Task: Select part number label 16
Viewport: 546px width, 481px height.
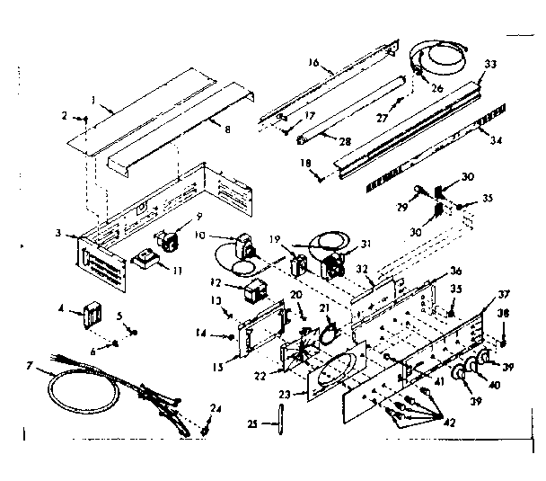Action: [313, 64]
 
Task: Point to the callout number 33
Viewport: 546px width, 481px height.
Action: [490, 65]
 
